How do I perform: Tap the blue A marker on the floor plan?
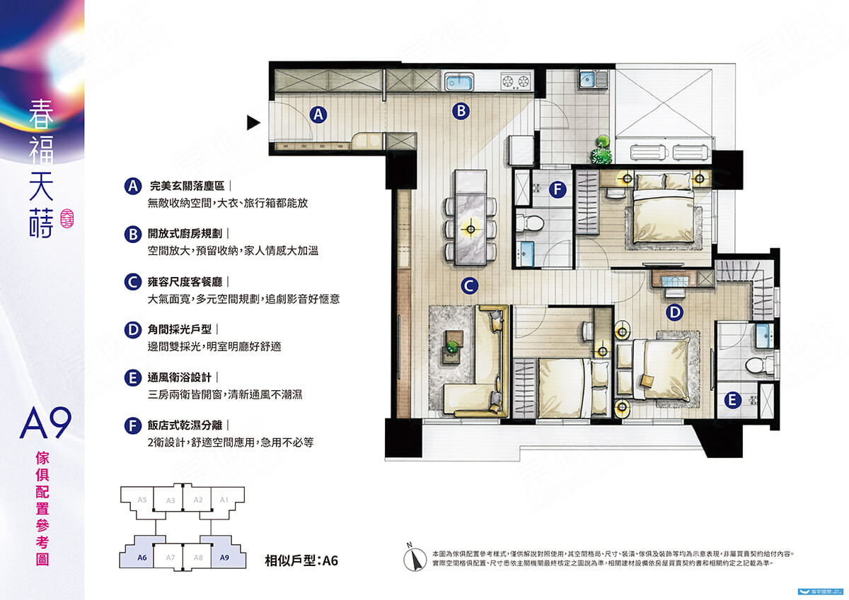pos(318,113)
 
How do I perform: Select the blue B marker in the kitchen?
pos(461,110)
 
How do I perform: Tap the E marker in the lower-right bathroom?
pos(732,401)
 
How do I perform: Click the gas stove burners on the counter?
pos(516,82)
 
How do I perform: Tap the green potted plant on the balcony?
pos(601,151)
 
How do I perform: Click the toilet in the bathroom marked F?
pos(530,224)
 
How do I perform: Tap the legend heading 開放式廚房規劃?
pos(187,234)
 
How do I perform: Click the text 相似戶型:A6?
pos(301,561)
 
